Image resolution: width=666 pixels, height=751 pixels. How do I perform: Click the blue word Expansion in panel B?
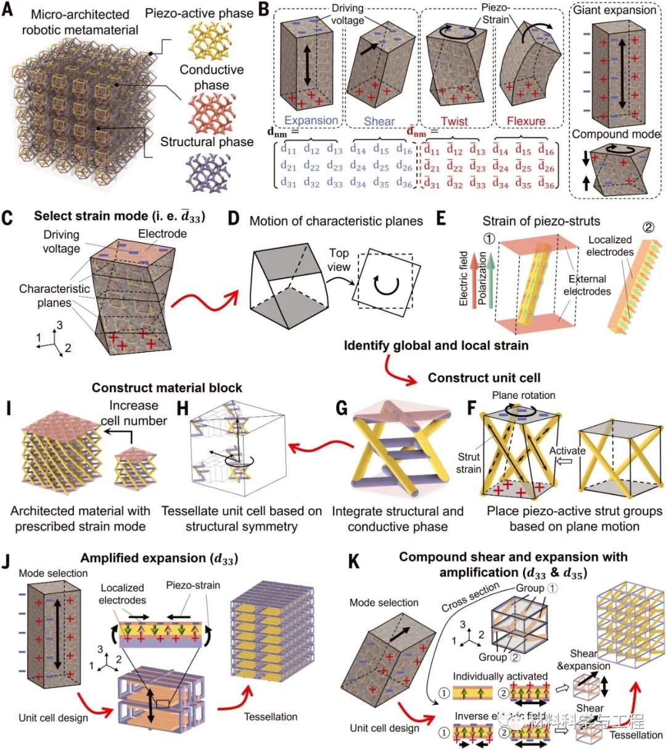(311, 121)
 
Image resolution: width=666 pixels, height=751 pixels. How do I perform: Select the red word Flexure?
(525, 121)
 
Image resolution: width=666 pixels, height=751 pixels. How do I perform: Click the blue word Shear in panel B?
(379, 121)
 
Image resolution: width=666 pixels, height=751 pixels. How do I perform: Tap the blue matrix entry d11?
(289, 150)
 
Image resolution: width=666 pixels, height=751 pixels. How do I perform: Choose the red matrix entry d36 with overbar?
(546, 183)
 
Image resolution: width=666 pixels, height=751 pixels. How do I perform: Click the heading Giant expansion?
(614, 10)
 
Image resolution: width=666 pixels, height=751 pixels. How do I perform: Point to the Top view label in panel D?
(339, 260)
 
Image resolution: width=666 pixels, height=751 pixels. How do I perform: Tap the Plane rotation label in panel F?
(523, 395)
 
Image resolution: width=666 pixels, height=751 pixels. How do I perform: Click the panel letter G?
(341, 408)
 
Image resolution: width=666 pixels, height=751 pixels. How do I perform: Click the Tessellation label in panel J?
(270, 716)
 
